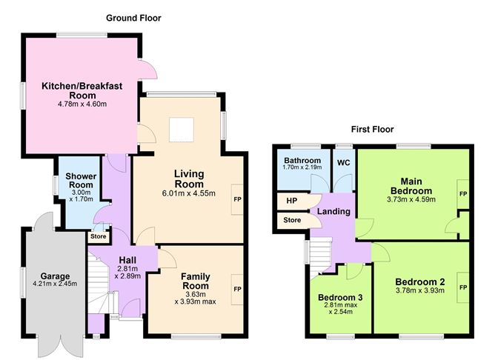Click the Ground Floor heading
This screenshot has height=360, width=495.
coord(133,19)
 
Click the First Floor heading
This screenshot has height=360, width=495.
coord(373,130)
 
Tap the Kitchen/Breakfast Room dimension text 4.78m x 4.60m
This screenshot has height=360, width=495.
coord(82,104)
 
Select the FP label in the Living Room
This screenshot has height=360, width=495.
coord(237,199)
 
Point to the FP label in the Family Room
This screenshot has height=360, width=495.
coord(237,290)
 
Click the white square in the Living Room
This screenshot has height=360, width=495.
coord(182,130)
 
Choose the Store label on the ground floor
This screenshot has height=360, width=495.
coord(99,236)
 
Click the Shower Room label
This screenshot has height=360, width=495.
coord(81,181)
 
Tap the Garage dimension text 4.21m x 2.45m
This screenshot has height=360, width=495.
coord(55,284)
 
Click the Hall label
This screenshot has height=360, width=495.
coord(127,260)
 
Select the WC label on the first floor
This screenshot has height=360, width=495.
coord(344,163)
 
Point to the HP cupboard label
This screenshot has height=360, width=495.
coord(292,201)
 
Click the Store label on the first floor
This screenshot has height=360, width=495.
coord(292,220)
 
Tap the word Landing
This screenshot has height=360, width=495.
coord(333,211)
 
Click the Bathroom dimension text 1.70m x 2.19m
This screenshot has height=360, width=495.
coord(302,167)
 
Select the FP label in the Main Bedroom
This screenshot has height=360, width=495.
coord(463,194)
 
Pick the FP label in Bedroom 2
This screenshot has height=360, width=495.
coord(463,287)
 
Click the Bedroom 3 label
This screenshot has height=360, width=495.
coord(340,298)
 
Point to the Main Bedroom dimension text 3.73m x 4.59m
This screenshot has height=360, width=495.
coord(411,199)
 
